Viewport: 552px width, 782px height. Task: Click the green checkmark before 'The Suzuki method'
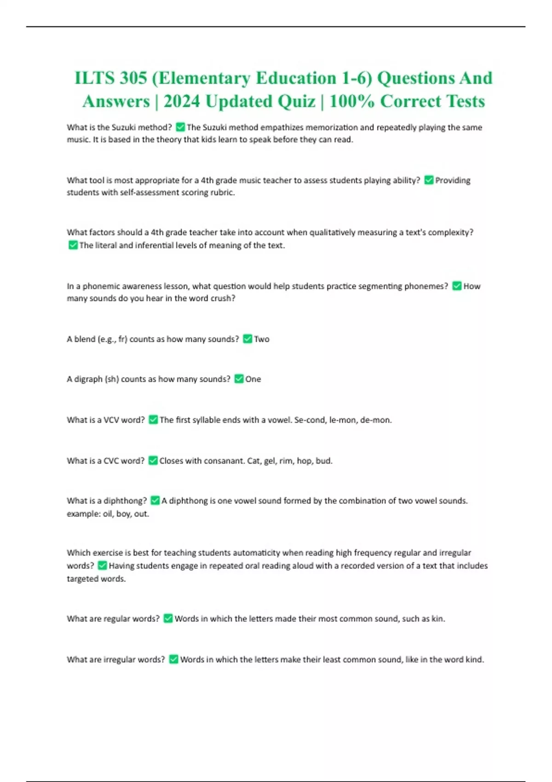click(x=180, y=127)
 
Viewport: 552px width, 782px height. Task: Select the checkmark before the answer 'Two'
click(x=247, y=339)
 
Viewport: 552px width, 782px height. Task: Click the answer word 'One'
click(x=253, y=379)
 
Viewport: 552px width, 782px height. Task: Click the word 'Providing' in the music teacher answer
click(x=453, y=180)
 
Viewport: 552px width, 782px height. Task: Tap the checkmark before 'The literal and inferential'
click(x=73, y=245)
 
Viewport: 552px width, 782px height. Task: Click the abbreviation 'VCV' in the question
click(x=111, y=420)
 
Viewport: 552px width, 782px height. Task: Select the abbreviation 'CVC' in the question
click(x=111, y=460)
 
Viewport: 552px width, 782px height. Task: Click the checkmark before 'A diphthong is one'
click(x=155, y=500)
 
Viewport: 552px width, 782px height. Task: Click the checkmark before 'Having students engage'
click(x=103, y=566)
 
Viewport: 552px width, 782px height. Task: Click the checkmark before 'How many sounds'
click(x=457, y=286)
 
